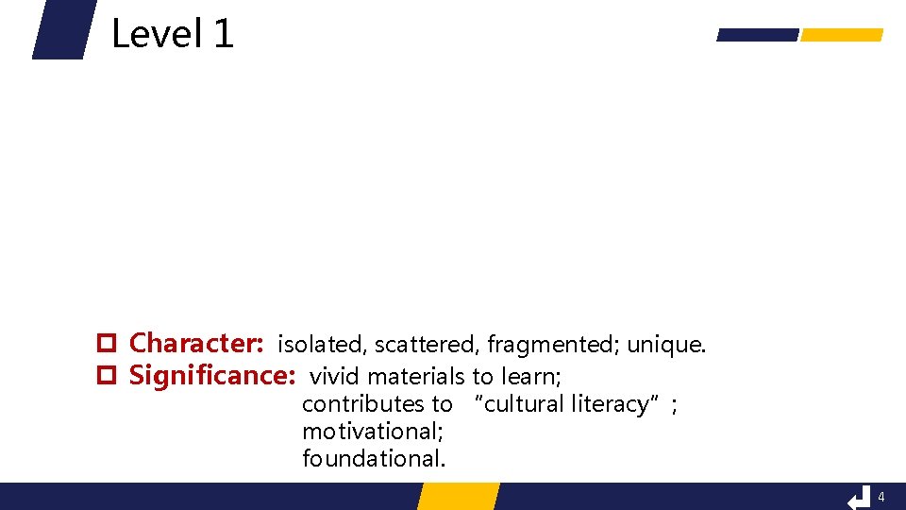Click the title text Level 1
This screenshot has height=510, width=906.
172,35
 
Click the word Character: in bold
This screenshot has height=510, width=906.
195,343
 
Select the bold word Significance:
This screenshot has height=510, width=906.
212,376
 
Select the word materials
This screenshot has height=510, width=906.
416,377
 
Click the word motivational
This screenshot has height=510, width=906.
372,432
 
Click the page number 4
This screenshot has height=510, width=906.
881,497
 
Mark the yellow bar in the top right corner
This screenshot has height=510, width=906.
841,35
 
